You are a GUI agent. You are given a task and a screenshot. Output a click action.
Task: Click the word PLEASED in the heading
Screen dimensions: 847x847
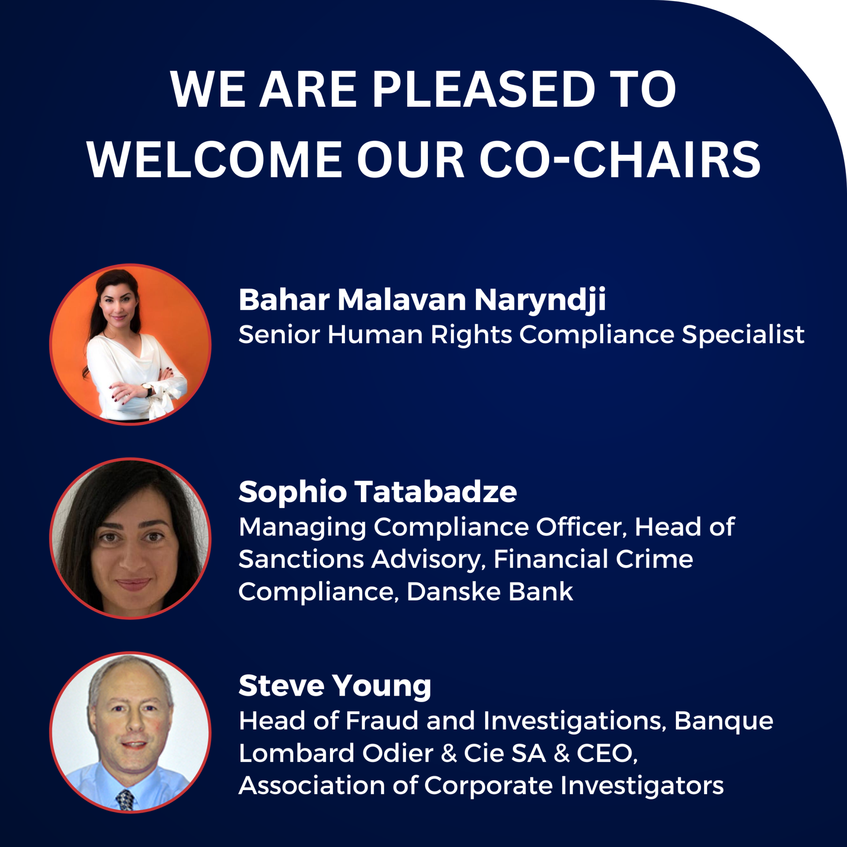pos(484,90)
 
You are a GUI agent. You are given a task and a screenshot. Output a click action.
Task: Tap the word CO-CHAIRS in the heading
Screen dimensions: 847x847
pos(620,160)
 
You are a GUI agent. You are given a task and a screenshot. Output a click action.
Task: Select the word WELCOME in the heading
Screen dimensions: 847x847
pos(215,160)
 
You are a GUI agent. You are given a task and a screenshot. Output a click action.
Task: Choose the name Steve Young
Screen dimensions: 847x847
pos(335,687)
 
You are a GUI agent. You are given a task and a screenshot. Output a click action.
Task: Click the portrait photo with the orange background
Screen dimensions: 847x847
pos(130,345)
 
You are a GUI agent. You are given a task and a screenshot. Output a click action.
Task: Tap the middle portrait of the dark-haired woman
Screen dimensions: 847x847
pos(130,538)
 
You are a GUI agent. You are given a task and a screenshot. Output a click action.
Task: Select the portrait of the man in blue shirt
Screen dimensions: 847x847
pos(130,732)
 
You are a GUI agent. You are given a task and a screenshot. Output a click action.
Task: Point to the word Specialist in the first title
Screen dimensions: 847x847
pos(743,335)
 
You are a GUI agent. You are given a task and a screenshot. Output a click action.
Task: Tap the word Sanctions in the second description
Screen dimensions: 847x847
pos(301,559)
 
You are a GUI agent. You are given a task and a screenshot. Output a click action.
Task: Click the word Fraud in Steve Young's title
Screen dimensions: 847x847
pos(382,721)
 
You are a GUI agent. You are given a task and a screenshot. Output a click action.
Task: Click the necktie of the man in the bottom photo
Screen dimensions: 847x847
pos(125,799)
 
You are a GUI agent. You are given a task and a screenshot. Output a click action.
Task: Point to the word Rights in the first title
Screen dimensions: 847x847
pos(472,335)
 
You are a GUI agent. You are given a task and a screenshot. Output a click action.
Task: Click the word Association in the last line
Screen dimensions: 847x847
pos(312,786)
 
